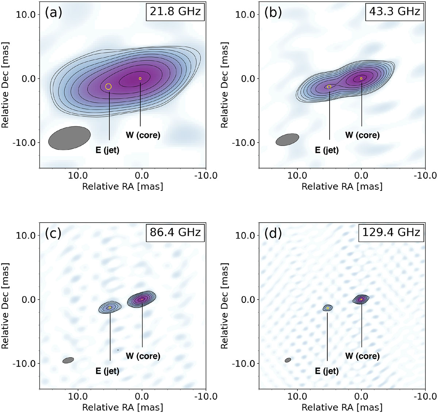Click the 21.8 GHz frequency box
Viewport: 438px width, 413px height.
[175, 11]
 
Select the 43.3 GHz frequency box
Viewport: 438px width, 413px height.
[395, 11]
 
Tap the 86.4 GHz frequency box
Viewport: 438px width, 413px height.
[175, 232]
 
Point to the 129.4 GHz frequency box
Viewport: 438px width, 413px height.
[391, 232]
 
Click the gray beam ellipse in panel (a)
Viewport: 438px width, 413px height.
[69, 138]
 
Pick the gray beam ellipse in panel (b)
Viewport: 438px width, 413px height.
[287, 140]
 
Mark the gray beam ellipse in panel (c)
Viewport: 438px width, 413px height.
[68, 360]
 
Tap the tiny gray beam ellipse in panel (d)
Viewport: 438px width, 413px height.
[288, 360]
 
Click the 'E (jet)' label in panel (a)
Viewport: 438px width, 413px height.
[107, 150]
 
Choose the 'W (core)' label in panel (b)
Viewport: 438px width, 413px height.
[362, 135]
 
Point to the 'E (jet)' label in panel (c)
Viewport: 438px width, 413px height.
[107, 371]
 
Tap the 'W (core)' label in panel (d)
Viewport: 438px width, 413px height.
[362, 356]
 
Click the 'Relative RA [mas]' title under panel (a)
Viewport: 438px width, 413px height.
[123, 186]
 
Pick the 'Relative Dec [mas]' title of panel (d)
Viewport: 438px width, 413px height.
[224, 306]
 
